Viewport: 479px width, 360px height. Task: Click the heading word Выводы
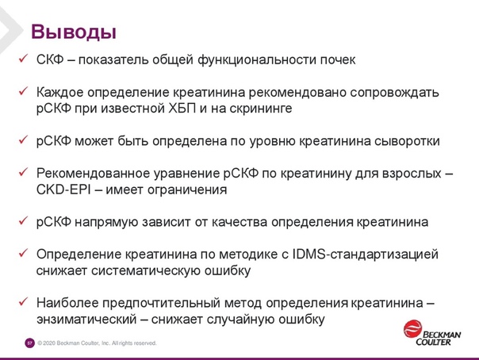[x=74, y=32]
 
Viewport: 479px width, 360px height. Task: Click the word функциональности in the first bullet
[x=257, y=59]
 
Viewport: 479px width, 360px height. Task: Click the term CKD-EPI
[x=63, y=190]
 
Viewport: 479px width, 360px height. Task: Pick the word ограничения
[x=187, y=190]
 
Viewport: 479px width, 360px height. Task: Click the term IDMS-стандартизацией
[x=366, y=255]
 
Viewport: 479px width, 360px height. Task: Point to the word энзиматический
[x=86, y=320]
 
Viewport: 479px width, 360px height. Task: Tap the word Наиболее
[x=67, y=303]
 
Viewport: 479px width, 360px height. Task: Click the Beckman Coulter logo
[x=432, y=333]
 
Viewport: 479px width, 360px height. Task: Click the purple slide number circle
[x=29, y=343]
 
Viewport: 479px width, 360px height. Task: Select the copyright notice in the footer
[x=97, y=343]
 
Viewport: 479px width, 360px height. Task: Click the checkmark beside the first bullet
[x=23, y=59]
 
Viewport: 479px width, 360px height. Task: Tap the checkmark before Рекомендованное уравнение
[x=23, y=172]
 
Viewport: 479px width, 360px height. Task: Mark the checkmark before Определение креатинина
[x=23, y=253]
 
